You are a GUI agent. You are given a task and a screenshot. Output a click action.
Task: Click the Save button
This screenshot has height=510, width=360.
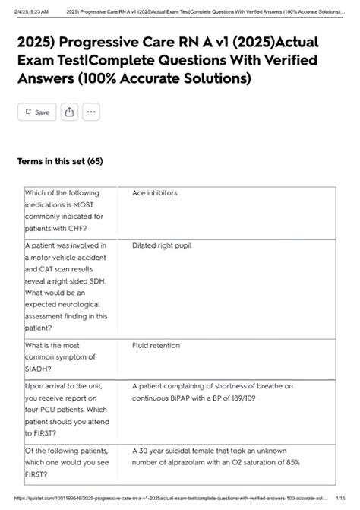pyautogui.click(x=36, y=112)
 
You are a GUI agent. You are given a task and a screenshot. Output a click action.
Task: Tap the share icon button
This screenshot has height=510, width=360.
pyautogui.click(x=69, y=112)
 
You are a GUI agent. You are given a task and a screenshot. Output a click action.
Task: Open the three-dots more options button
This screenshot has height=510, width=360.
pyautogui.click(x=91, y=112)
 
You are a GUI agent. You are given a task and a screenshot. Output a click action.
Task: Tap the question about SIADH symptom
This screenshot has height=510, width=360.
pyautogui.click(x=60, y=356)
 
